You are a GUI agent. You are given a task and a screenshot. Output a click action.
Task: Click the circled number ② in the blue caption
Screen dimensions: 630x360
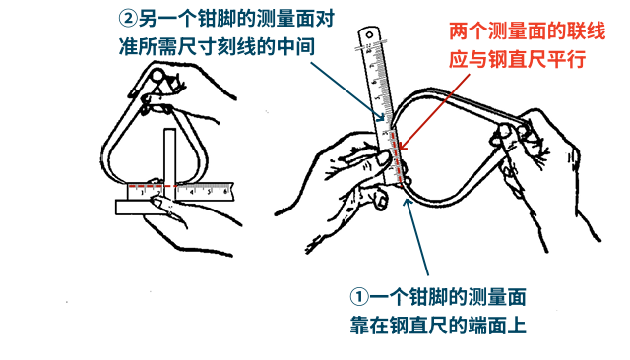tap(128, 19)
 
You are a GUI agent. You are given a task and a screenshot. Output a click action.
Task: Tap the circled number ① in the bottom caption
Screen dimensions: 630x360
tap(359, 297)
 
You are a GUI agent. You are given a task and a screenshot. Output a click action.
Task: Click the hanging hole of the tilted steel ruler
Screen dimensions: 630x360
tap(369, 34)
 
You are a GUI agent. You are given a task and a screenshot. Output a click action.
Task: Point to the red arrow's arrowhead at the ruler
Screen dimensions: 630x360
tap(403, 146)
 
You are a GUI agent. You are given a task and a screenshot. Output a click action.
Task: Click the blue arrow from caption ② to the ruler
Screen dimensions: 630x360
tap(347, 91)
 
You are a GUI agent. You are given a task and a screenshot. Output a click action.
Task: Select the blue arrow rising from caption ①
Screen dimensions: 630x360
tap(416, 236)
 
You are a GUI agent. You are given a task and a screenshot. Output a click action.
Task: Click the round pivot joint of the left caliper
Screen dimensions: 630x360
tap(157, 75)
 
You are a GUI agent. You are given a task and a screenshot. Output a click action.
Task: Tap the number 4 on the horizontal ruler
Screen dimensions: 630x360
tap(192, 192)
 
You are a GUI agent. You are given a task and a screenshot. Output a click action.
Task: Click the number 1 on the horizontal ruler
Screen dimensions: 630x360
tap(142, 192)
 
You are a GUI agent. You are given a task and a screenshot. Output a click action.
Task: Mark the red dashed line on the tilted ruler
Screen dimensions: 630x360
tap(397, 159)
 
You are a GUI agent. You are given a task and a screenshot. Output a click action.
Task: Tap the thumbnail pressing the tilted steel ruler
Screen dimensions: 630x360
tap(383, 159)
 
